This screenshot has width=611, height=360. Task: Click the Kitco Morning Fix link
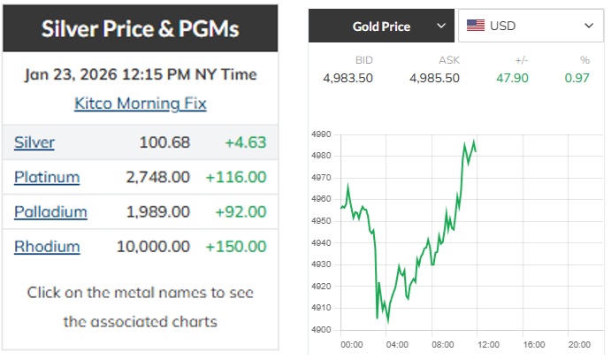pos(141,103)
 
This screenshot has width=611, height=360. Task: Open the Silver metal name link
pos(34,142)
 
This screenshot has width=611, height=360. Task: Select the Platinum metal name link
pos(46,177)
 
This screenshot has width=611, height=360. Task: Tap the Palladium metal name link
pos(50,211)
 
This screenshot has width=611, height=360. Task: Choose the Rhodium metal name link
pos(46,247)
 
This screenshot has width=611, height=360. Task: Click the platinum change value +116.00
pos(235,177)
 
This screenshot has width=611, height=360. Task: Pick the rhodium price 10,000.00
pos(153,247)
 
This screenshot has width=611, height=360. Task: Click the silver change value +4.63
pos(245,142)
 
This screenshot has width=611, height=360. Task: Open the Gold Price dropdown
pos(381,27)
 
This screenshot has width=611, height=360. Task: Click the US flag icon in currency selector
pos(476,27)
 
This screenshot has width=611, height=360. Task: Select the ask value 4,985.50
pos(434,78)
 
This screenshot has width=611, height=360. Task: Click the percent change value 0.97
pos(577,78)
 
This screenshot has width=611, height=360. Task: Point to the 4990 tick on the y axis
pos(321,134)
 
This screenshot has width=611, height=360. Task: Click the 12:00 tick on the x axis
pos(488,344)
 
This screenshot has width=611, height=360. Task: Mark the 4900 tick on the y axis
pos(321,330)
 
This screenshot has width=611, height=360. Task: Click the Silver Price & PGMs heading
pos(141,29)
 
